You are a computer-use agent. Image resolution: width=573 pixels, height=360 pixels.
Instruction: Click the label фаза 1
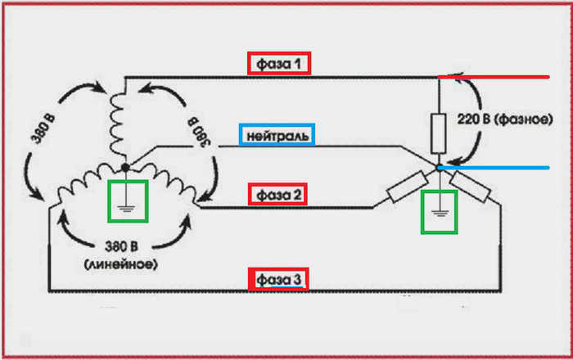(x=279, y=65)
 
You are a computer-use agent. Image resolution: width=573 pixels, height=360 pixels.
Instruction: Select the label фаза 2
(x=279, y=195)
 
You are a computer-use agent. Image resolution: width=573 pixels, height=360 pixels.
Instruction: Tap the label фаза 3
(x=279, y=280)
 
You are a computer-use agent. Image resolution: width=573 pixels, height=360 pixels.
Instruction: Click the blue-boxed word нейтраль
(x=277, y=136)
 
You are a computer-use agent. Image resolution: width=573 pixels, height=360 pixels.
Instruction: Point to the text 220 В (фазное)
(x=505, y=119)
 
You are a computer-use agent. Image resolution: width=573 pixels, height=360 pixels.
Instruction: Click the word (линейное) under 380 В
(x=121, y=264)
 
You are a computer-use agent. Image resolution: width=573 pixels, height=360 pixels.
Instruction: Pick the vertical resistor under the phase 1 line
(x=439, y=133)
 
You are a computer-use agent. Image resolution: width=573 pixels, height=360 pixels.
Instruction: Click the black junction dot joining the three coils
(x=125, y=168)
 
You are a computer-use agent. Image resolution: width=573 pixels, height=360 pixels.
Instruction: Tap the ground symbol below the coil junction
(x=126, y=209)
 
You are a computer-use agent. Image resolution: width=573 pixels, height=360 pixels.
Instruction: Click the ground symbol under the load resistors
(x=440, y=213)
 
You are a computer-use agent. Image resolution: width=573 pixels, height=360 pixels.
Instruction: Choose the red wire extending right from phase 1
(x=494, y=77)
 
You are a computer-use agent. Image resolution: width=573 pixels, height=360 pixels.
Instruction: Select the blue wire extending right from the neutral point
(x=494, y=168)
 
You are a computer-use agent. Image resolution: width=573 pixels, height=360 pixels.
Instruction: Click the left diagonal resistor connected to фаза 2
(x=407, y=187)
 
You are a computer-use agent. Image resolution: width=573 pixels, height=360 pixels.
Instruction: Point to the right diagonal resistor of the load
(x=470, y=187)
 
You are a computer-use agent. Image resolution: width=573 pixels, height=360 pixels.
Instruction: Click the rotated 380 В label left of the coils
(x=43, y=128)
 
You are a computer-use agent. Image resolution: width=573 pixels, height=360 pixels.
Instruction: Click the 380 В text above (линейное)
(x=121, y=247)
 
